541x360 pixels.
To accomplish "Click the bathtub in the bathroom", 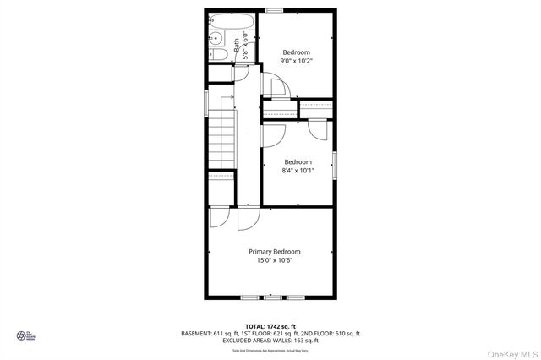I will tap(231, 21).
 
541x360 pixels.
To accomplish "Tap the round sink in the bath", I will tap(215, 38).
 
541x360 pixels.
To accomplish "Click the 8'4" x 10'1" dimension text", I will tap(298, 171).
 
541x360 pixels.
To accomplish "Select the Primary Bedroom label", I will tap(274, 251).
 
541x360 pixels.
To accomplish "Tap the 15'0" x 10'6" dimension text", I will tap(274, 260).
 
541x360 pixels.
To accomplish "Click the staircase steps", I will tap(221, 139).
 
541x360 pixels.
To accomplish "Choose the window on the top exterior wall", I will tap(273, 10).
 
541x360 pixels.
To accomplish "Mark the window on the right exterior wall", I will tap(335, 165).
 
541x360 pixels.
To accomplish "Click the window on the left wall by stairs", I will tap(206, 100).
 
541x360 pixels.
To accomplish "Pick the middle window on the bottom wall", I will tap(273, 298).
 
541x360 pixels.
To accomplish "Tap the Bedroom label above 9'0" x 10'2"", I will tap(296, 52).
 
